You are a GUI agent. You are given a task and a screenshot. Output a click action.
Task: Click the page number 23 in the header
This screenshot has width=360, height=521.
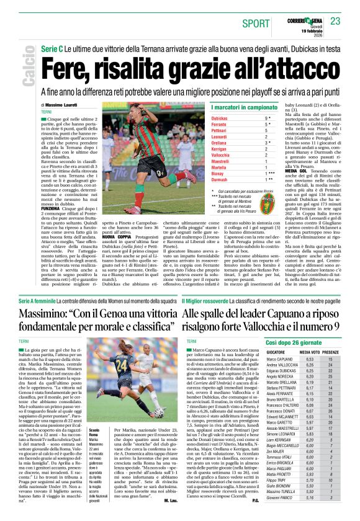tap(335, 21)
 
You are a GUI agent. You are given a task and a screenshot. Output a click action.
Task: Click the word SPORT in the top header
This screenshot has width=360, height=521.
tap(256, 23)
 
